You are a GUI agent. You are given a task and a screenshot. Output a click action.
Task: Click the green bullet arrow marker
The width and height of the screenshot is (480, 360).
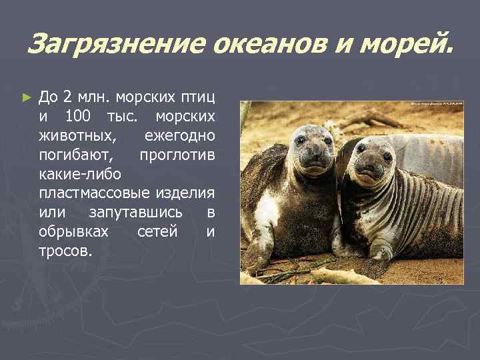[27, 97]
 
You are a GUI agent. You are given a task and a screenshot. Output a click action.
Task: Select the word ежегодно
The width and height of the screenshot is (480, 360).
[179, 136]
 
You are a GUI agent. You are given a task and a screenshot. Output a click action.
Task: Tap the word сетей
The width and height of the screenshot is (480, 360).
[157, 233]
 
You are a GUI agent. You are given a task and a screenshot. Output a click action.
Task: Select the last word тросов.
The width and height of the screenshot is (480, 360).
[66, 252]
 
